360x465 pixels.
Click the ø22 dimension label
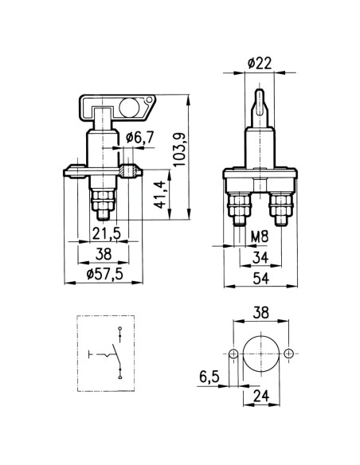point(260,63)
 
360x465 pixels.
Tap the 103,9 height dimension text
point(180,150)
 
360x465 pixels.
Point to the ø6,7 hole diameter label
point(139,138)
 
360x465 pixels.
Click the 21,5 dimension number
point(107,233)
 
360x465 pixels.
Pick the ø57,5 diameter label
point(104,275)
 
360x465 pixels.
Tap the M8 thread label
point(260,237)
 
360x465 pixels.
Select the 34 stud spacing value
point(260,257)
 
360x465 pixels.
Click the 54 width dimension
point(261,279)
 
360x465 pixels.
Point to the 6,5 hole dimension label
point(209,377)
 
